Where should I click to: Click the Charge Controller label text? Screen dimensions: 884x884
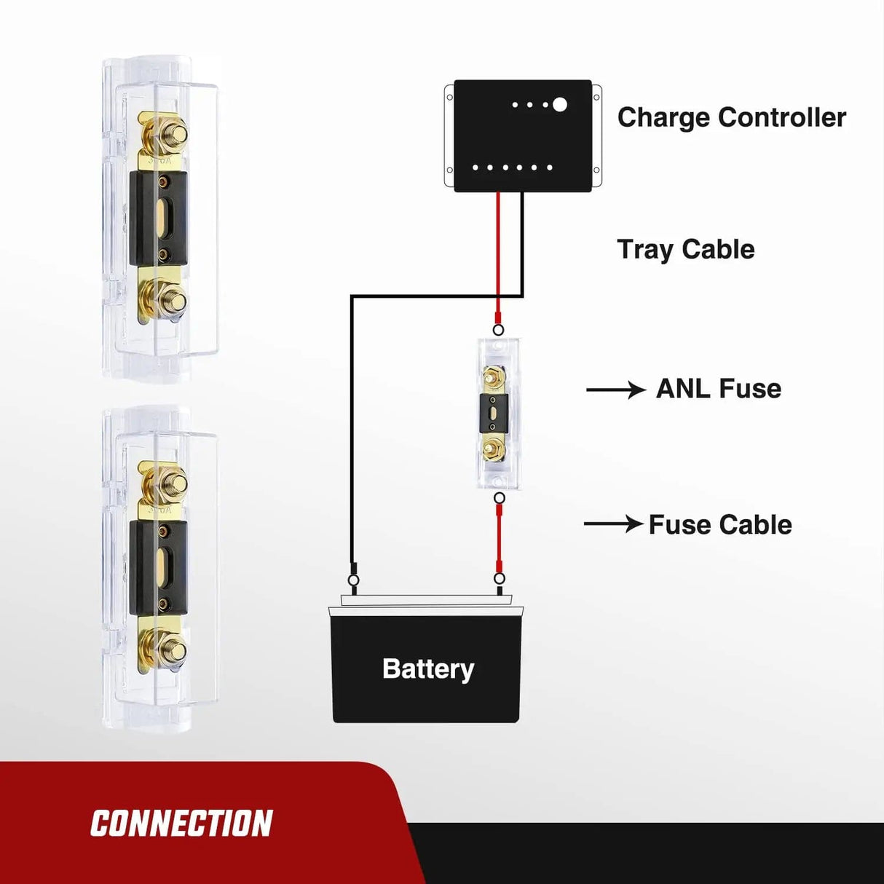[x=731, y=117]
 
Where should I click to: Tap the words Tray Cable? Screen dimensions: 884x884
[x=685, y=250]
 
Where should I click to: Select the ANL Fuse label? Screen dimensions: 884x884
[x=718, y=389]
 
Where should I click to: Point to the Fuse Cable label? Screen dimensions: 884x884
[x=719, y=525]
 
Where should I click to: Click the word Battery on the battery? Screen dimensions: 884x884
[x=427, y=668]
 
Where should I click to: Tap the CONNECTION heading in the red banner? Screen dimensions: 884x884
[x=181, y=824]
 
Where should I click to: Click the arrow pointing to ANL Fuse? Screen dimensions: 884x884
[x=615, y=390]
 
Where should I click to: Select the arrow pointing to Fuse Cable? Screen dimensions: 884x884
[x=613, y=524]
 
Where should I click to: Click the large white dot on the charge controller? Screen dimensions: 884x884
[x=560, y=105]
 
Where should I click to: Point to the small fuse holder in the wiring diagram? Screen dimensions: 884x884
[x=498, y=414]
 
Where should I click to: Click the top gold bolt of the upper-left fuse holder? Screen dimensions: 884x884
[x=173, y=134]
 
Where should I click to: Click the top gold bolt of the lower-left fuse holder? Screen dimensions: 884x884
[x=173, y=481]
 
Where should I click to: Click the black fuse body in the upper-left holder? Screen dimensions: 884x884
[x=159, y=218]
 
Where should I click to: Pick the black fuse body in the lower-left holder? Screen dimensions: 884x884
[x=159, y=567]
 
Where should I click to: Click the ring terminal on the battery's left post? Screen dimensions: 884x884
[x=353, y=580]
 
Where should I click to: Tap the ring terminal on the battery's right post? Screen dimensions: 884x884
[x=499, y=579]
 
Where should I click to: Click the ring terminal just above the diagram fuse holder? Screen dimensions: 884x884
[x=498, y=330]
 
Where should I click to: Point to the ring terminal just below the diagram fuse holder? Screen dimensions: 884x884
[x=500, y=498]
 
